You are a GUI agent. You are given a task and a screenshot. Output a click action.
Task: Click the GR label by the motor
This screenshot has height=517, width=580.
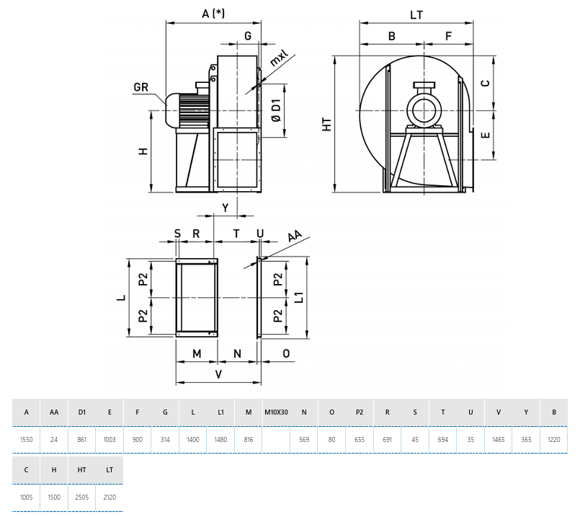pos(141,88)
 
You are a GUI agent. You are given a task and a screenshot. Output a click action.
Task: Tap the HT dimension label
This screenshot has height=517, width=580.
pos(327,124)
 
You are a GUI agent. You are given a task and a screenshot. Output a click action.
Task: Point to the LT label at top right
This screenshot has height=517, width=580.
pos(416,14)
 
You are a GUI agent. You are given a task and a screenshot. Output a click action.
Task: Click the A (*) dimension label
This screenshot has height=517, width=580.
pos(214,14)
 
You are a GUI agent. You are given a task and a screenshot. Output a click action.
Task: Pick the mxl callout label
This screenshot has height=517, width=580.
pos(278,58)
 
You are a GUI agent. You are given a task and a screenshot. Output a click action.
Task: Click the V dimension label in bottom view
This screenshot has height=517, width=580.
pos(219,375)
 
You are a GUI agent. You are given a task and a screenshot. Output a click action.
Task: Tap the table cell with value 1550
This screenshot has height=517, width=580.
pos(26,438)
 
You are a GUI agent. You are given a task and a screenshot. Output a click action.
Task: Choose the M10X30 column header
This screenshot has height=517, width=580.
pos(275,412)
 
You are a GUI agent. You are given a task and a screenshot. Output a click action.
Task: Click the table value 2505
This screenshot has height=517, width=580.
pos(81,497)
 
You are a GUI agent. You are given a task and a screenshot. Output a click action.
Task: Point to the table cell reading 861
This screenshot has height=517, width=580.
pos(81,438)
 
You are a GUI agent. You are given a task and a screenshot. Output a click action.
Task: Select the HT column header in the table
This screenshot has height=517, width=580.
pos(81,469)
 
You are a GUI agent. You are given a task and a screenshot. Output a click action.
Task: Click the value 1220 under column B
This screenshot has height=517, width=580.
pos(553,438)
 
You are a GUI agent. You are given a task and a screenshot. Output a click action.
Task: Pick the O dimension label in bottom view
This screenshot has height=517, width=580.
pos(285,353)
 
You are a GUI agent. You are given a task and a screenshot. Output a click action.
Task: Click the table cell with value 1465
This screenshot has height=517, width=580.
pos(498,438)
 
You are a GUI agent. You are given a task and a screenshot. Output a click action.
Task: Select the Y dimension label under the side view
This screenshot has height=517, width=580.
pos(226,208)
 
